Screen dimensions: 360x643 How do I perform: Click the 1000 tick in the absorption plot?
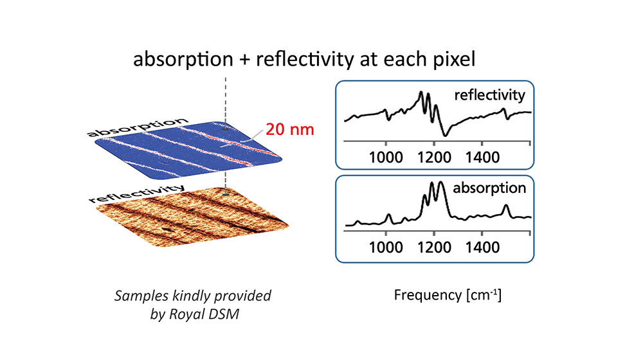386,247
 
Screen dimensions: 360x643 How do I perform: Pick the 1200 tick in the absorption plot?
434,247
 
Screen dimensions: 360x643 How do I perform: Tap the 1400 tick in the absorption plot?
482,247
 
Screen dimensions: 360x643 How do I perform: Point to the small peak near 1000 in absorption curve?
388,215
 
